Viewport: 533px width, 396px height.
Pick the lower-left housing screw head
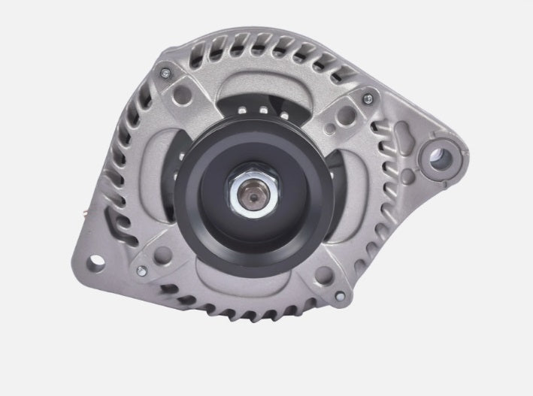pos(140,268)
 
